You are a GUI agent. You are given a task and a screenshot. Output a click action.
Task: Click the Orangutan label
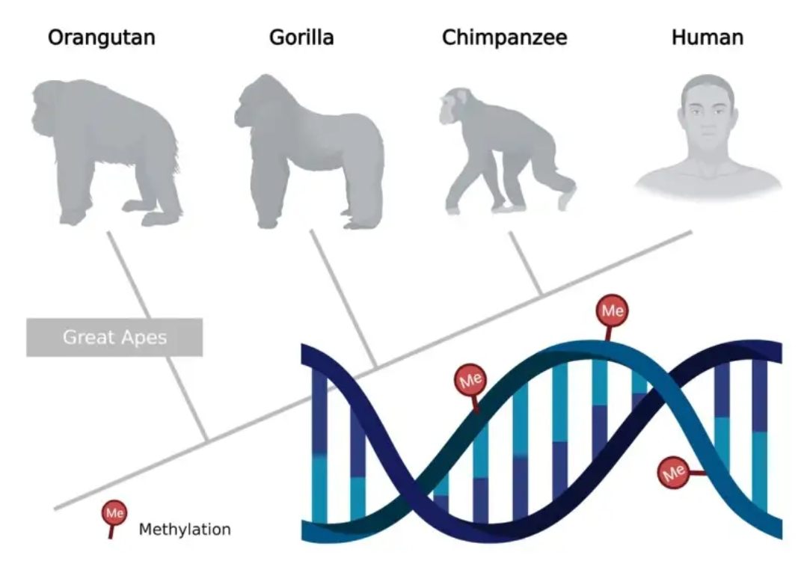[102, 37]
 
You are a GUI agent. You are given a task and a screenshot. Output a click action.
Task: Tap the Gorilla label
[301, 37]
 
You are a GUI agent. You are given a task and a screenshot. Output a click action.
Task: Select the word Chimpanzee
[505, 37]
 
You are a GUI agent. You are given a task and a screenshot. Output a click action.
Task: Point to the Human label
[707, 37]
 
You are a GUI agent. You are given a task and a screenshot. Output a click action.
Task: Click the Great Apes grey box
[114, 337]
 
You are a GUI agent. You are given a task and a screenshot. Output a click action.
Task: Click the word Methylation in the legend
[185, 530]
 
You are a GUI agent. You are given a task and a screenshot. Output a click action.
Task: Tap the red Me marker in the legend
[114, 513]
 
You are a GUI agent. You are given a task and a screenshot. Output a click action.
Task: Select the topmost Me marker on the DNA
[611, 310]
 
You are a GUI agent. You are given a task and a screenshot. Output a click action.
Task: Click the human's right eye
[694, 111]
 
